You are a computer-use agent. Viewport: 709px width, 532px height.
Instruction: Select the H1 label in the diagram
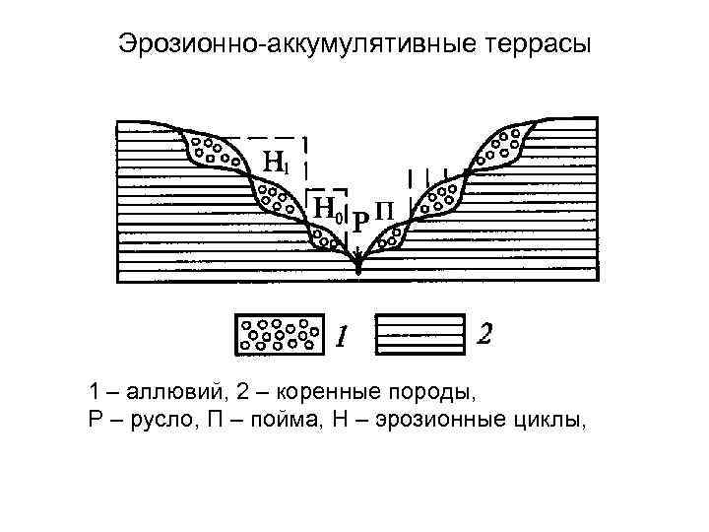277,162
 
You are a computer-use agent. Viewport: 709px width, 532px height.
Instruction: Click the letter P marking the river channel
359,223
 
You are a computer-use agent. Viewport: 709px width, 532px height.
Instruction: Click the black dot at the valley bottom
358,267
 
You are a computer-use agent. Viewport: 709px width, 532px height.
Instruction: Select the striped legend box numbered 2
420,334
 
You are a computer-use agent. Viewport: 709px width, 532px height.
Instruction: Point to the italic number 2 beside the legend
483,334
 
